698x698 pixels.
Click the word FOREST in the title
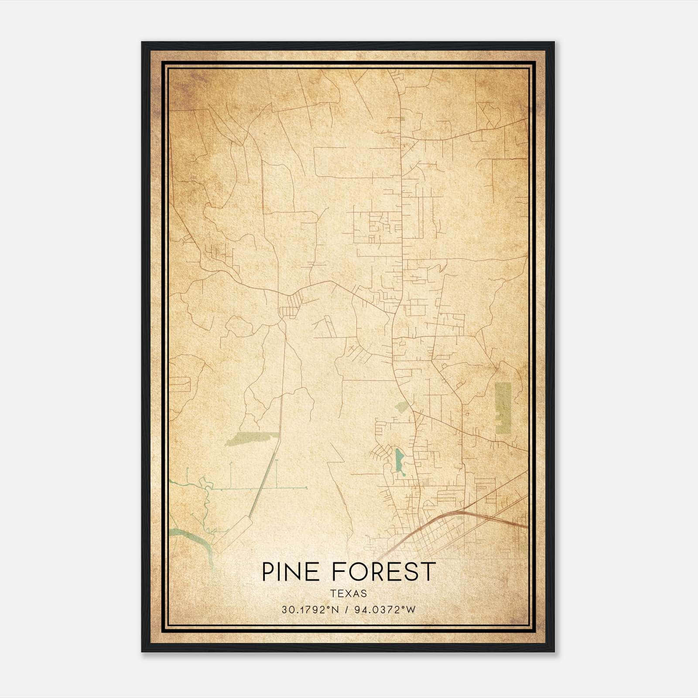[x=384, y=572]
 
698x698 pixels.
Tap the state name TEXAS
[x=348, y=593]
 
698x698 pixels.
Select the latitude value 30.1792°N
[x=310, y=610]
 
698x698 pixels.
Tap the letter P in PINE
[x=268, y=572]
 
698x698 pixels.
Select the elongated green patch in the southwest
[x=251, y=439]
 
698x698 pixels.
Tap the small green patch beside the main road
[x=402, y=407]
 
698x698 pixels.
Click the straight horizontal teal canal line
[x=262, y=487]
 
